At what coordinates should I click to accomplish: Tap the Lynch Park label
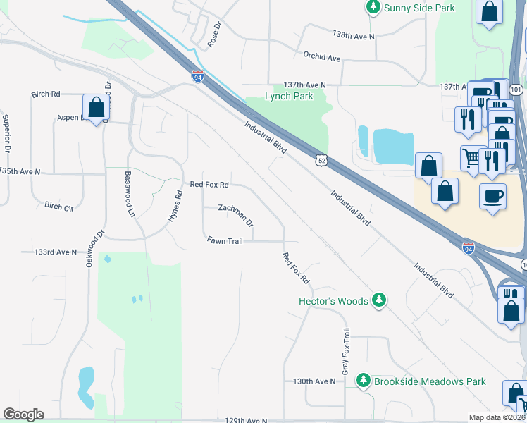[289, 97]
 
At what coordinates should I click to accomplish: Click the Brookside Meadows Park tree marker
[364, 381]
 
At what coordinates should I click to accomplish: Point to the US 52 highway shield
[321, 161]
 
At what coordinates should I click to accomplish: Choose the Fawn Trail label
[225, 240]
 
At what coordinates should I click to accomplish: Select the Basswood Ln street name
[130, 193]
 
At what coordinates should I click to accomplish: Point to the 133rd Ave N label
[55, 252]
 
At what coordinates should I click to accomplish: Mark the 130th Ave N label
[314, 381]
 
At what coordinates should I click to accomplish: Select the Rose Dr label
[214, 34]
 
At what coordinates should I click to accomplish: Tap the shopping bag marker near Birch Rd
[96, 108]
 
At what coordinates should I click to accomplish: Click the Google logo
[23, 415]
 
